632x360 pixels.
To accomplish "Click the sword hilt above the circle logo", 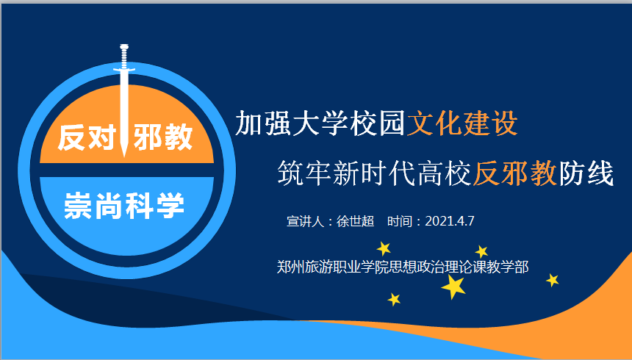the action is [123, 57].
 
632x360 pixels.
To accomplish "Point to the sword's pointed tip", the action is [123, 156].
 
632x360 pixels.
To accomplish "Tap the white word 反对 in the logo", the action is [87, 137].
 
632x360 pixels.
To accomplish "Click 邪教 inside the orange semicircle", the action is [163, 137].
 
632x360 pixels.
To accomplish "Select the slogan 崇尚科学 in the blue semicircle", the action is [124, 206].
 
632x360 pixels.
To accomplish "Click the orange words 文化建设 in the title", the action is [462, 123].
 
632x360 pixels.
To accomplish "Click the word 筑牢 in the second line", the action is [305, 173].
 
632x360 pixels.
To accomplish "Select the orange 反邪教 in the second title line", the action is [515, 173].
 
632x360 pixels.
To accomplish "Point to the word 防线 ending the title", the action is [586, 173].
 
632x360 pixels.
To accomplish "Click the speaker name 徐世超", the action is [355, 221].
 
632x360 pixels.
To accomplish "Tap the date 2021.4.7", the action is [450, 221].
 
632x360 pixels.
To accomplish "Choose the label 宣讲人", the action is [305, 221].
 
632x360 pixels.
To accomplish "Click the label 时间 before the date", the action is [400, 221].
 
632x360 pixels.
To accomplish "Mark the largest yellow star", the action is [454, 287].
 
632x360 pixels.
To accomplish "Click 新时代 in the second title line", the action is [375, 173].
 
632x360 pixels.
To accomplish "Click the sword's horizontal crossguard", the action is [123, 71].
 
